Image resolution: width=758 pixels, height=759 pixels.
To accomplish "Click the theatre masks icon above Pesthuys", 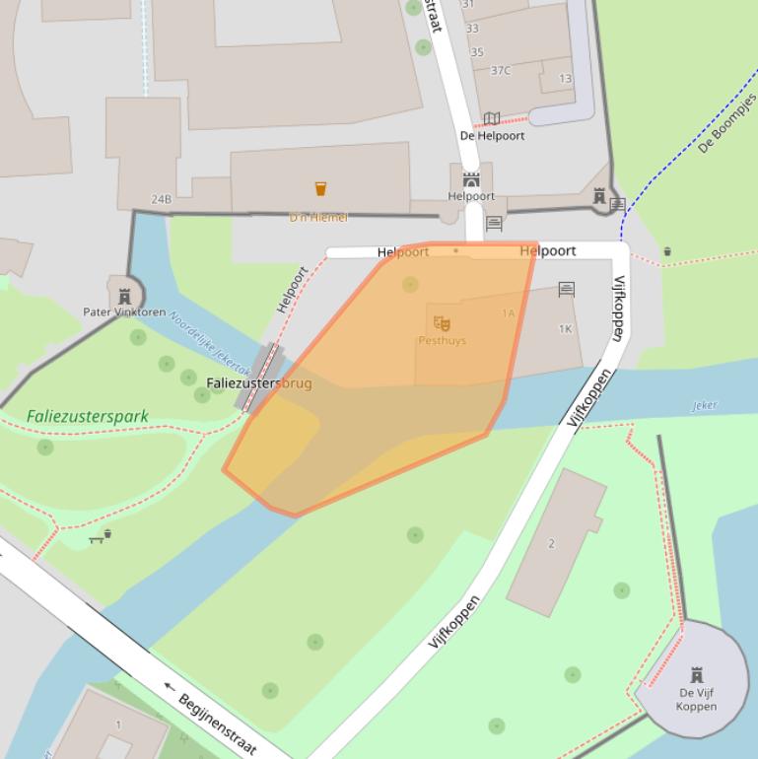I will [442, 322].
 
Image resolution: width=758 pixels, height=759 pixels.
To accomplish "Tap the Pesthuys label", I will [442, 341].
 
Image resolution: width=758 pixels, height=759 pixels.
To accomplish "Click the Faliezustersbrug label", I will [258, 382].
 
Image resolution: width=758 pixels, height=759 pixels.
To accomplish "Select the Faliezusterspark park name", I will [88, 416].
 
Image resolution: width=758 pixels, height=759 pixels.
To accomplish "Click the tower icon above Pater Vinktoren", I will [124, 295].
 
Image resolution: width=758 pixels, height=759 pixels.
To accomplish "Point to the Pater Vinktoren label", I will [124, 312].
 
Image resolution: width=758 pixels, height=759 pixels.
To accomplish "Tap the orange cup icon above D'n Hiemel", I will [320, 188].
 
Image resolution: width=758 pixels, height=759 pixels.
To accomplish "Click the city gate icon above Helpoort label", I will [471, 179].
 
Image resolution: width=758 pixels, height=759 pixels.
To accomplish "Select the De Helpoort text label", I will [492, 136].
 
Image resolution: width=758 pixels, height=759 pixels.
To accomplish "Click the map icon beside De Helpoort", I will [492, 119].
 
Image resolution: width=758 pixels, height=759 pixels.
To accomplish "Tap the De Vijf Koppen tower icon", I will [697, 675].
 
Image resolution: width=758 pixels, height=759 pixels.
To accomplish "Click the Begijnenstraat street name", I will [217, 724].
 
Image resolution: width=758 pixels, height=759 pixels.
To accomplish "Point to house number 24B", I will [161, 199].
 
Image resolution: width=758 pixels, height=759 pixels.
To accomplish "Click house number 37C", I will [501, 70].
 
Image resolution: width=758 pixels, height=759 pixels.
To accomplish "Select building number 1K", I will [566, 329].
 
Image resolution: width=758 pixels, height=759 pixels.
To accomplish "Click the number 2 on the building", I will [551, 543].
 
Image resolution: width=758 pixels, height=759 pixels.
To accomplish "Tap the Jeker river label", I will [705, 405].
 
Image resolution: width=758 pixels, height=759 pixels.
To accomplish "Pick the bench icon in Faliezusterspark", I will [97, 538].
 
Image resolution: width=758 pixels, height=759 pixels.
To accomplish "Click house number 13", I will [565, 79].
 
